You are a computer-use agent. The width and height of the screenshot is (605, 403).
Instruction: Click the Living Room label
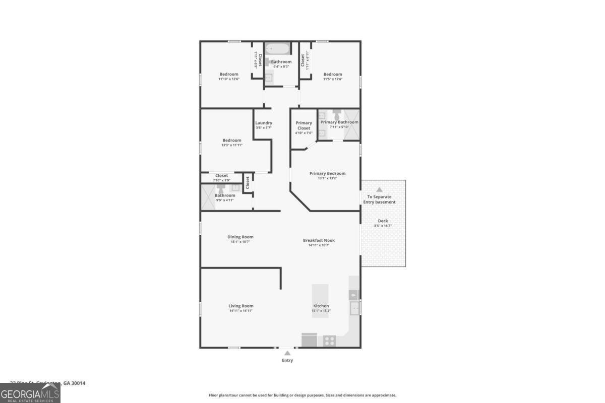click(240, 306)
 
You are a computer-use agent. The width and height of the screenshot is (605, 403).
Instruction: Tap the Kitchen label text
click(321, 306)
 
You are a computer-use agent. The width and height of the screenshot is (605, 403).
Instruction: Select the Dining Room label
click(240, 237)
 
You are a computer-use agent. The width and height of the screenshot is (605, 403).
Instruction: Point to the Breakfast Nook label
click(319, 240)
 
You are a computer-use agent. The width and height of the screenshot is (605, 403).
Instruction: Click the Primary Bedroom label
click(327, 173)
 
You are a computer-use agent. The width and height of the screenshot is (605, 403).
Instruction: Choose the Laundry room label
click(264, 123)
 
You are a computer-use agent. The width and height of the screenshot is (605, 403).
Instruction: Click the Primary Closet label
click(304, 125)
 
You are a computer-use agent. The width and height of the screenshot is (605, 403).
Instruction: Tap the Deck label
click(383, 221)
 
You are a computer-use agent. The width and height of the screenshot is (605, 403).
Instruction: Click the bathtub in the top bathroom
click(278, 49)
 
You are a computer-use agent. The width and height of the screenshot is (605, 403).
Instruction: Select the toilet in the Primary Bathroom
click(337, 113)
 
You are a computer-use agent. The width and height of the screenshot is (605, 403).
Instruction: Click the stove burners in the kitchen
click(329, 341)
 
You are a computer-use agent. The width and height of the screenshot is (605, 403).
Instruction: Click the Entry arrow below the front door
click(287, 353)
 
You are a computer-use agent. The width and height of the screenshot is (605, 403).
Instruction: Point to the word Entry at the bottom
click(287, 360)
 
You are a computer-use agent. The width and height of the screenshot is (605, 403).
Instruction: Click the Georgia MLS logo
click(30, 393)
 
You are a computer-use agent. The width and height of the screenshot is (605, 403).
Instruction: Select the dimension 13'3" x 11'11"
click(232, 145)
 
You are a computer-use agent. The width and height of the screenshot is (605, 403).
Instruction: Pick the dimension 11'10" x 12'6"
click(229, 79)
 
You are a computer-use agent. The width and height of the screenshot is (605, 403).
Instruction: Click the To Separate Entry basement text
click(380, 199)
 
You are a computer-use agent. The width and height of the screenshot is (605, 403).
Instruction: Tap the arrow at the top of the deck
click(379, 189)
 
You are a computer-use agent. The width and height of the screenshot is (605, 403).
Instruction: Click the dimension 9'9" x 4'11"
click(225, 200)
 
